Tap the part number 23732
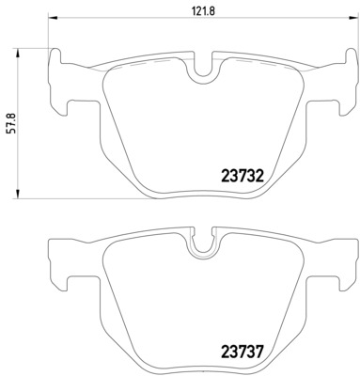(x=242, y=176)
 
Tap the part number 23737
(x=242, y=352)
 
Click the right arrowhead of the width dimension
(x=354, y=17)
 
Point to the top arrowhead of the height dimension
(x=18, y=53)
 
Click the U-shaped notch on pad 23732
(x=203, y=74)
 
